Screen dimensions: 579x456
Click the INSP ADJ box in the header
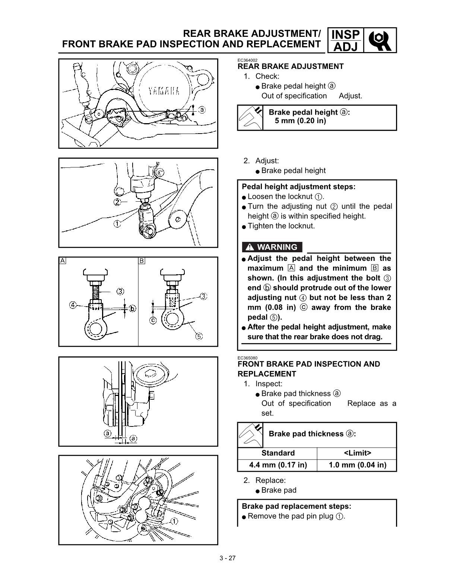point(345,40)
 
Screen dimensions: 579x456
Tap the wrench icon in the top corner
point(379,40)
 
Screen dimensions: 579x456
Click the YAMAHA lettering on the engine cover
point(164,91)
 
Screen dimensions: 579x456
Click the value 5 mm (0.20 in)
point(300,121)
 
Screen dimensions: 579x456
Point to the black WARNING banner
point(272,247)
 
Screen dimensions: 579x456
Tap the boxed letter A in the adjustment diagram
point(63,261)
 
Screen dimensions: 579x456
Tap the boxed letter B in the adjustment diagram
point(142,261)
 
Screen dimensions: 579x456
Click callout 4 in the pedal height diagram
point(73,305)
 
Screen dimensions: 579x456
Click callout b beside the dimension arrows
point(132,308)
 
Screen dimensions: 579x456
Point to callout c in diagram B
point(153,320)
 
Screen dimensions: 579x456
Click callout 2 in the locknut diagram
point(117,202)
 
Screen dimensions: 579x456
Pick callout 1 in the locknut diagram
point(117,224)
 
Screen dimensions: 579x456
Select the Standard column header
point(278,453)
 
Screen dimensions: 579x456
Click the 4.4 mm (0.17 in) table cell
point(278,465)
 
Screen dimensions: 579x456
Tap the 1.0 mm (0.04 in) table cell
point(357,465)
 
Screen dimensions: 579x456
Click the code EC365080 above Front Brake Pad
point(247,358)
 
